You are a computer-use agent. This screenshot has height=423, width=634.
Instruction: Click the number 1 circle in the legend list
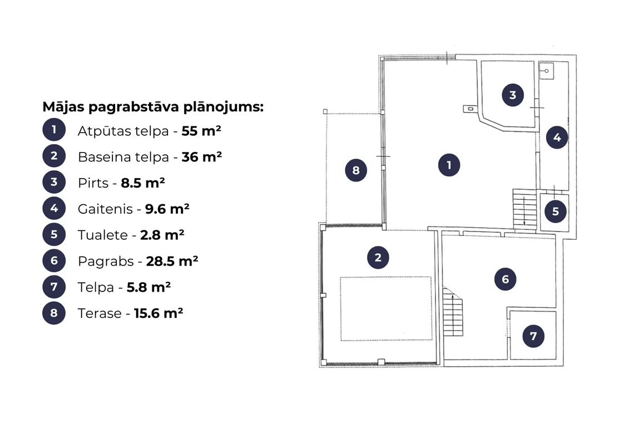pos(54,130)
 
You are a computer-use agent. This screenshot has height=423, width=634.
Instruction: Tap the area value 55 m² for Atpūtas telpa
pos(201,131)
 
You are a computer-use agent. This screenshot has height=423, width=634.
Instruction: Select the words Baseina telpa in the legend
pos(123,157)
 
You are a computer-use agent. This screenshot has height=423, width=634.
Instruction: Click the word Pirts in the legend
pos(93,183)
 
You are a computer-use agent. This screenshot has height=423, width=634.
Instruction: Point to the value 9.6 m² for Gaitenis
pos(167,209)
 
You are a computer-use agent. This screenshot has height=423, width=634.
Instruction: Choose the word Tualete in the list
pos(103,235)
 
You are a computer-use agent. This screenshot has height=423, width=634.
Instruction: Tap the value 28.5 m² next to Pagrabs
pos(172,261)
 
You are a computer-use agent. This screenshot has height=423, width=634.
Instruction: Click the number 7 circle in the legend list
pos(54,287)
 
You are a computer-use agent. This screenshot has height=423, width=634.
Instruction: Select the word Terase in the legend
pos(100,313)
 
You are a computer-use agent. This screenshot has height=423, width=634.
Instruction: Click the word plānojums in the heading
pos(223,107)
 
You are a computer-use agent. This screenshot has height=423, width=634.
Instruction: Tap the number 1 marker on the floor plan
pos(449,165)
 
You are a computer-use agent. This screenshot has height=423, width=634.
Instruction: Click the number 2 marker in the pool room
pos(378,258)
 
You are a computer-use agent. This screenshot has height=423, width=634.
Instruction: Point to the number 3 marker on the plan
pos(513,95)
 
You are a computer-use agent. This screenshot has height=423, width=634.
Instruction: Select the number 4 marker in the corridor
pos(557,137)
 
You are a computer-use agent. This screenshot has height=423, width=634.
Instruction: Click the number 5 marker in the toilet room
pos(556,211)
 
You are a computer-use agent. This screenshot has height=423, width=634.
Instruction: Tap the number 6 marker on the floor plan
pos(505,279)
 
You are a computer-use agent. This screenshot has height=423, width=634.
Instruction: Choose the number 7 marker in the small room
pos(533,336)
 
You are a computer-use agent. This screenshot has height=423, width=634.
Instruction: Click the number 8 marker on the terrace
pos(356,170)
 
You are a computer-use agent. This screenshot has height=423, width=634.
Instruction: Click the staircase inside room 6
pos(453,312)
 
